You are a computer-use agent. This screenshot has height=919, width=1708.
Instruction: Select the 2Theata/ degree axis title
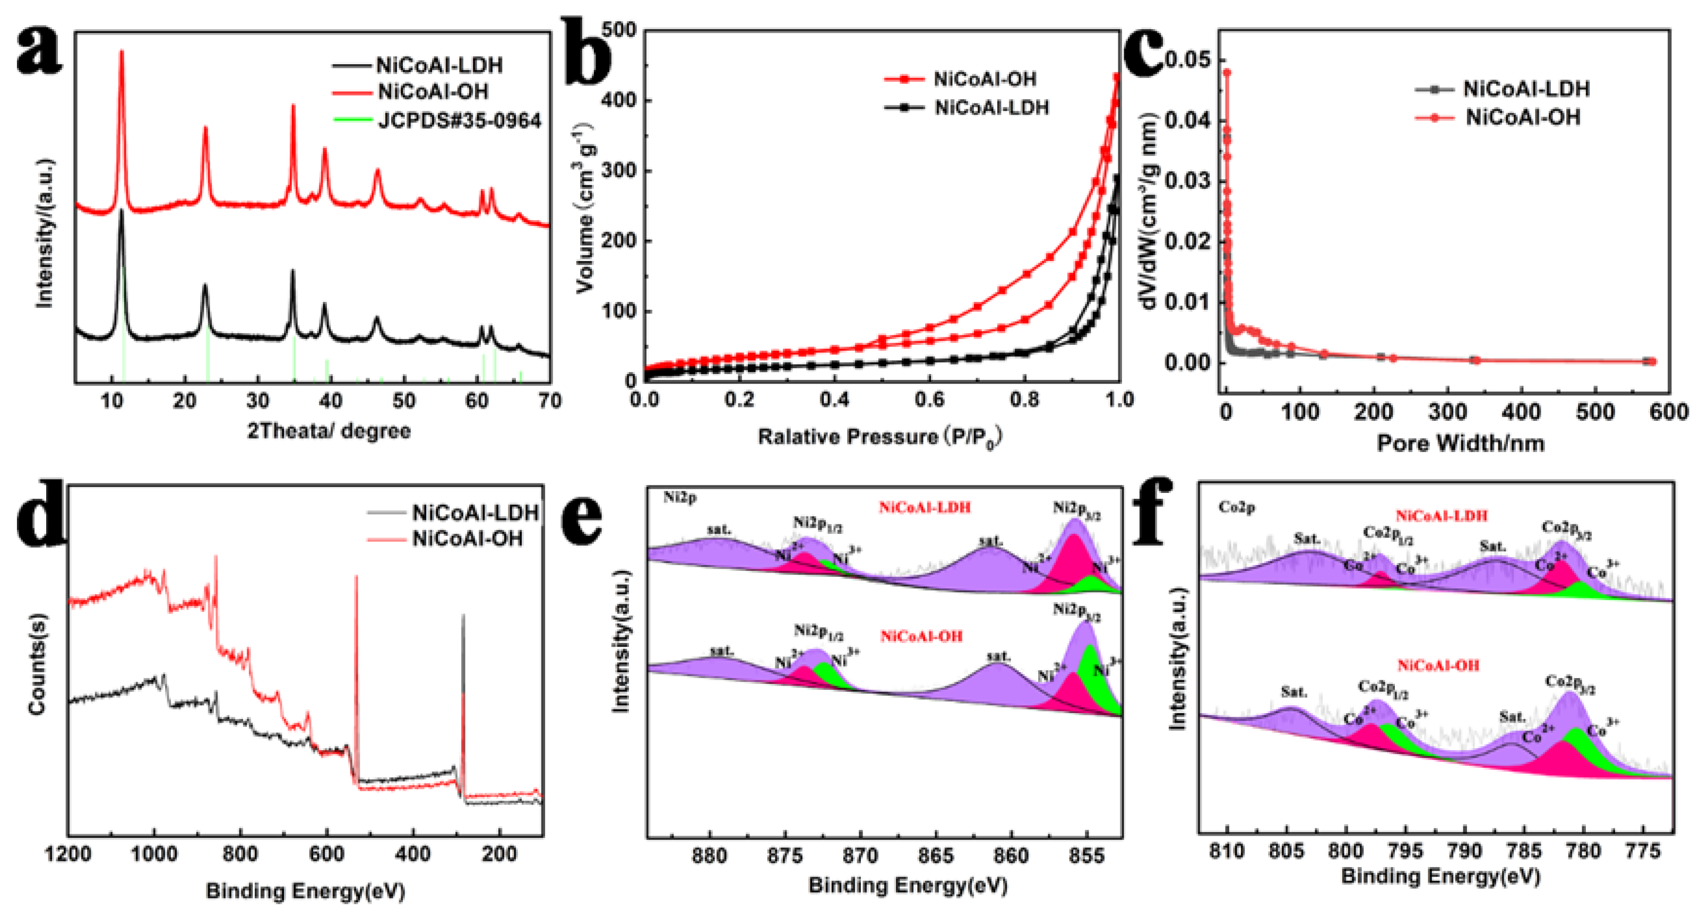click(x=329, y=431)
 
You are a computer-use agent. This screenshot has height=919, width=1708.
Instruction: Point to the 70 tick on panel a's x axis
click(x=549, y=401)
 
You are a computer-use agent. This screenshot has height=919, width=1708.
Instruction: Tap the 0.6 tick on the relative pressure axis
click(x=929, y=400)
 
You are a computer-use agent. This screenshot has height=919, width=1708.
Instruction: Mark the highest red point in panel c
click(x=1227, y=72)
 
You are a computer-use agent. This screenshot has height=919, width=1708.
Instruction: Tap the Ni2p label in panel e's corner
click(x=679, y=497)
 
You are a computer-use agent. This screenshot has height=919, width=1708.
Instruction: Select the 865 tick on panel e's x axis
click(x=936, y=856)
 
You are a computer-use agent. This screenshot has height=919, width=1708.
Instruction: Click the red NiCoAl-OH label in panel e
click(x=921, y=637)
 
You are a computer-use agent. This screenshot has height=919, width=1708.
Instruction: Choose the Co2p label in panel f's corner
click(x=1237, y=507)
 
